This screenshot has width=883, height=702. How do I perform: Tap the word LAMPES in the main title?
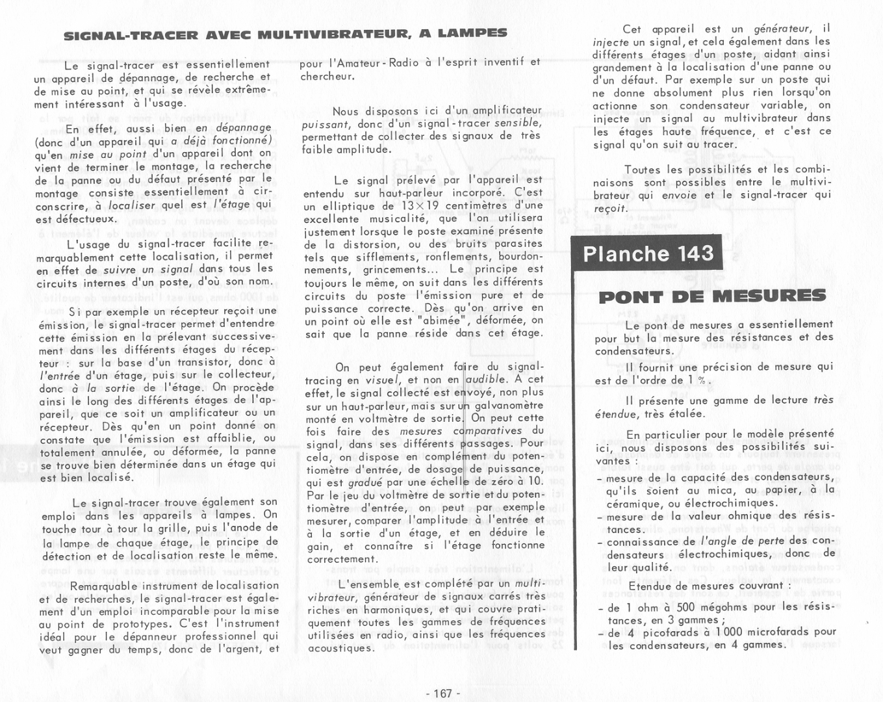pyautogui.click(x=473, y=32)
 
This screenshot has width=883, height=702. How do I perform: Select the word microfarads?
pyautogui.click(x=779, y=632)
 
